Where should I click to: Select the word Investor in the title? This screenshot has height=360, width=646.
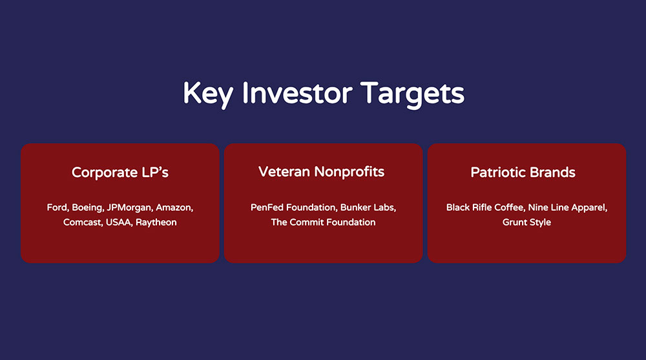click(x=297, y=93)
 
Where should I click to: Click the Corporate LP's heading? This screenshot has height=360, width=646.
click(x=120, y=173)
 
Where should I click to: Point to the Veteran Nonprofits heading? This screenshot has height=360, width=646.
click(x=321, y=172)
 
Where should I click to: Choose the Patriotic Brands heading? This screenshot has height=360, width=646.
click(x=523, y=173)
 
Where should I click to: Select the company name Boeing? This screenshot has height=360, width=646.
click(x=87, y=208)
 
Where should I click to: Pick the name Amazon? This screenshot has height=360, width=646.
click(x=174, y=207)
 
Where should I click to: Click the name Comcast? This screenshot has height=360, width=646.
click(x=83, y=222)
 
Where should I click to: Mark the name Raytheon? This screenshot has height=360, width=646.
click(x=156, y=223)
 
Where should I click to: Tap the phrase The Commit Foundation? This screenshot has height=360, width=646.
click(x=324, y=222)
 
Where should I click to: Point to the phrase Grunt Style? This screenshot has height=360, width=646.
click(x=526, y=223)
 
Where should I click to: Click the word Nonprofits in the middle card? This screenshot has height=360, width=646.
click(x=349, y=172)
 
